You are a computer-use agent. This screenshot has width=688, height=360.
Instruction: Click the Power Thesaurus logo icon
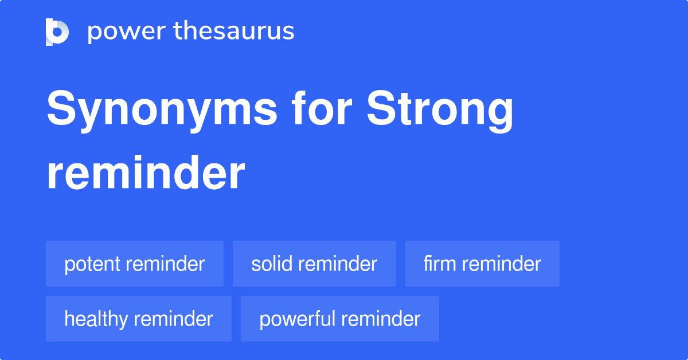pos(57,32)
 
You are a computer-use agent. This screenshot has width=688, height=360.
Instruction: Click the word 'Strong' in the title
pos(440,111)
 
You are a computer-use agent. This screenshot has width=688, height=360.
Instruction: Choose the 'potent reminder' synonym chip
pos(134,264)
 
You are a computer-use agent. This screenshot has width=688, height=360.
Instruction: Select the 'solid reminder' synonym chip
pos(314,264)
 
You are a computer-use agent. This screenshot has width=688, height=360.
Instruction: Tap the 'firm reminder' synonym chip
pos(482,264)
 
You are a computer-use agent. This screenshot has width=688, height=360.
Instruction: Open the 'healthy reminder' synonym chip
pos(138,319)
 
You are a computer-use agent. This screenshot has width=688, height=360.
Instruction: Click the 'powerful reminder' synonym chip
pos(339,319)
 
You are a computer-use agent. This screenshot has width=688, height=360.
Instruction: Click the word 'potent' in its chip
pos(92,264)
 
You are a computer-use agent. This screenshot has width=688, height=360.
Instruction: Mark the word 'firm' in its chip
pos(440,264)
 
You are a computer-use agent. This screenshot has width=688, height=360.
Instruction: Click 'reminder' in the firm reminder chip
pos(501,264)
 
